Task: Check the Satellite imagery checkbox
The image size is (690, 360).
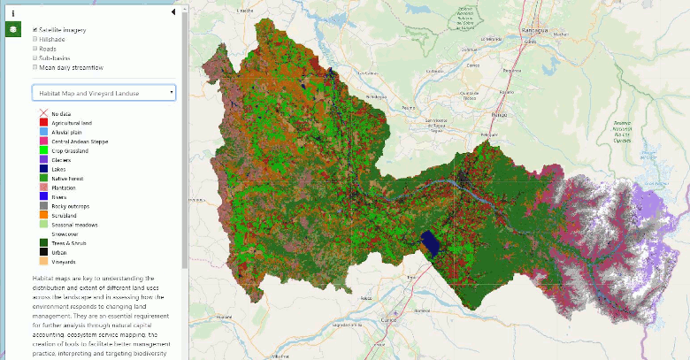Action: tap(35, 29)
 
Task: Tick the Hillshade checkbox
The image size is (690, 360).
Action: tap(35, 39)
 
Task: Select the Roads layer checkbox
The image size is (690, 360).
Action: tap(35, 48)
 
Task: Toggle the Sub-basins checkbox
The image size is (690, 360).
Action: tap(35, 57)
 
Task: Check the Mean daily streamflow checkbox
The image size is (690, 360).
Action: tap(35, 66)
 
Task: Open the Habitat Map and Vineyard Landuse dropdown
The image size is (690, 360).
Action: tap(103, 92)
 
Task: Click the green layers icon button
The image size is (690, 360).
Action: tap(14, 30)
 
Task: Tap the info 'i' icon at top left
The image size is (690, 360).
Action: tap(14, 12)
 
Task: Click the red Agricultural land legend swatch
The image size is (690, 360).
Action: tap(42, 123)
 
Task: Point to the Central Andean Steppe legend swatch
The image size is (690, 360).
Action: tap(42, 142)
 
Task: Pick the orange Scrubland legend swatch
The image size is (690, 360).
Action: tap(42, 215)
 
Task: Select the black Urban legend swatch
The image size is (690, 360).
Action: tap(42, 252)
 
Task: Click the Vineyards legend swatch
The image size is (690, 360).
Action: tap(42, 262)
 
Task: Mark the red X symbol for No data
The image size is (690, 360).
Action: tap(42, 114)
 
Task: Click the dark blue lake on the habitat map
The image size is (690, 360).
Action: tap(431, 241)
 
